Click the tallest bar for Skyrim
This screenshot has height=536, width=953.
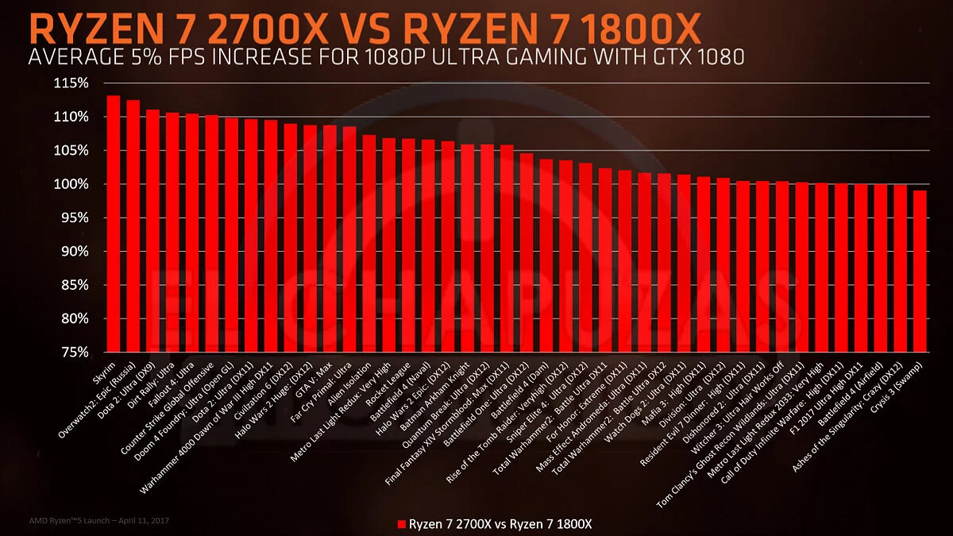114,223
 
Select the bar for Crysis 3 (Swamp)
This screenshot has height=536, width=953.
920,270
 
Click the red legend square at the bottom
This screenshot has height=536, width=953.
401,524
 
